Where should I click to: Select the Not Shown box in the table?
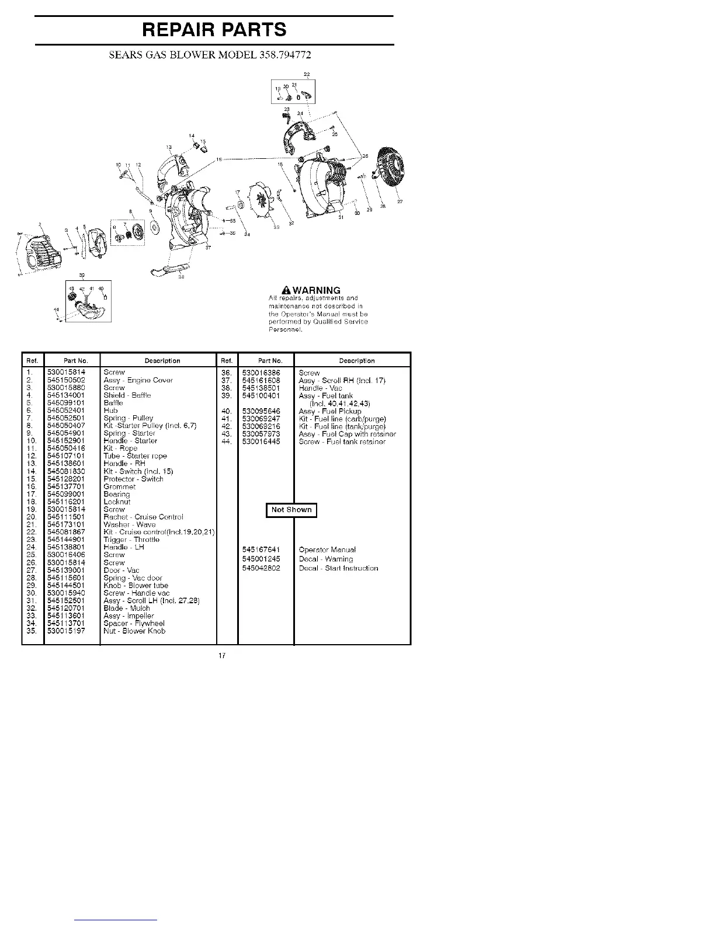point(291,510)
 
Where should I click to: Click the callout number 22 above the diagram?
point(307,74)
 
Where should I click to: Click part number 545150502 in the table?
point(66,380)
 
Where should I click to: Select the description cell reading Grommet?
point(119,486)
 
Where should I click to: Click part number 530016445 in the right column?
point(261,441)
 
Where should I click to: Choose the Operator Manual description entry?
point(327,550)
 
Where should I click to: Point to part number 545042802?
point(261,568)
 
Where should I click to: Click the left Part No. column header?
point(71,360)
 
